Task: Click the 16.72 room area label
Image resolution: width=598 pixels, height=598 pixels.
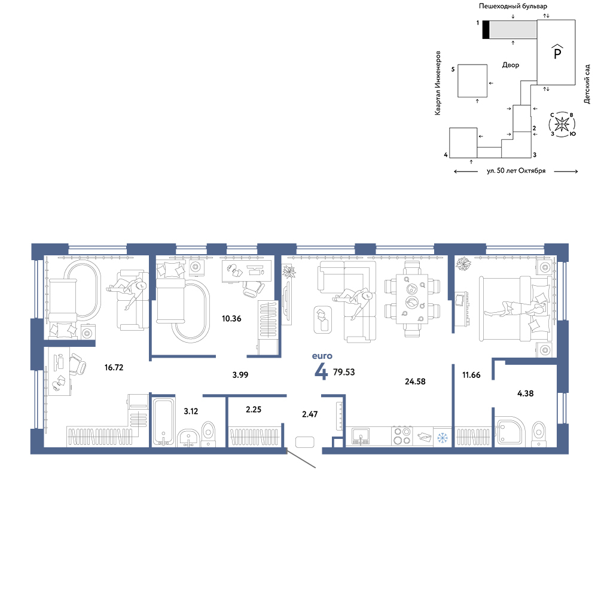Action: click(114, 367)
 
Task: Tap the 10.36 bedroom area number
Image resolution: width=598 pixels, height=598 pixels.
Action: click(231, 319)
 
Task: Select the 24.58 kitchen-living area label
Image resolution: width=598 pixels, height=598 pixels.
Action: click(415, 382)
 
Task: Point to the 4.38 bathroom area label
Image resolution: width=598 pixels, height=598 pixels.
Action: click(525, 393)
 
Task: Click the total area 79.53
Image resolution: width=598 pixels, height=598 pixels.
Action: click(344, 372)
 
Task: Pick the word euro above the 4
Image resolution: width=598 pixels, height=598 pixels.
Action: click(322, 356)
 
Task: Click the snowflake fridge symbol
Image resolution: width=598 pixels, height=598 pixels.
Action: click(443, 438)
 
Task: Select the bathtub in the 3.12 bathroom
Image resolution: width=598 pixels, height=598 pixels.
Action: click(164, 422)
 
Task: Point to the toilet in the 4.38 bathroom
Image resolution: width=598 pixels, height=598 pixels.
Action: click(539, 433)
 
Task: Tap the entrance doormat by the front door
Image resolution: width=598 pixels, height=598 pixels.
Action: click(305, 442)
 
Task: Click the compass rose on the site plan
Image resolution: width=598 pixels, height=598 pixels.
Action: click(562, 124)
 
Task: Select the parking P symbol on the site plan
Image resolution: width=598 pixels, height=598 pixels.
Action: click(557, 52)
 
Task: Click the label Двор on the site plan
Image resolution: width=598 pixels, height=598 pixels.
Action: click(511, 65)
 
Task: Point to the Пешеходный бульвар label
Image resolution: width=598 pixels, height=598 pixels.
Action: click(513, 6)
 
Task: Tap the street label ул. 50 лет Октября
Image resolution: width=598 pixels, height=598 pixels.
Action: click(516, 171)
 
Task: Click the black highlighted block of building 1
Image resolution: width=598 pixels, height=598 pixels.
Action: click(486, 29)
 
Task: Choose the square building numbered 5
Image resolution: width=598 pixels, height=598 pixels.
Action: click(472, 81)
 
